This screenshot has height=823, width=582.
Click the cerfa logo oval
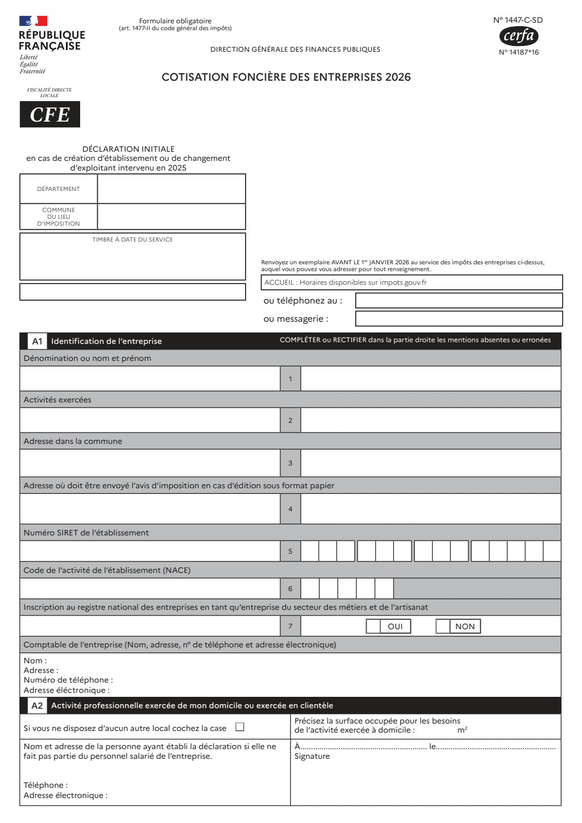tap(518, 36)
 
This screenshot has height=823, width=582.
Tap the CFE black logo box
tap(50, 114)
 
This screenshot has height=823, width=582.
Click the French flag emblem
tap(33, 21)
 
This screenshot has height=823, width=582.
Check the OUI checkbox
tap(373, 626)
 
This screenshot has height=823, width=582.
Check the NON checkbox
tap(443, 626)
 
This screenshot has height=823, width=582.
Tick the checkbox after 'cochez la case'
tap(240, 727)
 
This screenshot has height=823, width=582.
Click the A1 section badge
tap(37, 341)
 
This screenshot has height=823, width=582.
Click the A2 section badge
tap(37, 705)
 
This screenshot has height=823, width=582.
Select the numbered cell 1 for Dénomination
tap(290, 379)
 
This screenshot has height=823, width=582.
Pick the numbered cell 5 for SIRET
tap(290, 551)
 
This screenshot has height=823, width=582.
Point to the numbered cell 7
tap(290, 626)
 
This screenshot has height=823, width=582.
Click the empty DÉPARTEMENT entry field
tap(171, 189)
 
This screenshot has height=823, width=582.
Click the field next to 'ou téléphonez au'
tap(459, 301)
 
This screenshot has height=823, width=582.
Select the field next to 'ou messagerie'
tap(459, 319)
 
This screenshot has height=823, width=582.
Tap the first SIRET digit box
tap(310, 551)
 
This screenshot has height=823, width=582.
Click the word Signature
tap(312, 757)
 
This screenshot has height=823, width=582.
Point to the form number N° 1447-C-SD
tap(518, 20)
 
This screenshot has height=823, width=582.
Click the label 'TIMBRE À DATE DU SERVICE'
tap(132, 240)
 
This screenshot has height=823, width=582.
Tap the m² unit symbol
tap(462, 730)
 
